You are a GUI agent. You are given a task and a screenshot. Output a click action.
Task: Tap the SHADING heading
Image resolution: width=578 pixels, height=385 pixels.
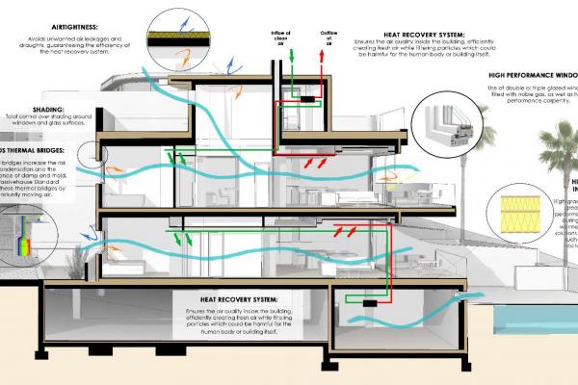coord(49,111)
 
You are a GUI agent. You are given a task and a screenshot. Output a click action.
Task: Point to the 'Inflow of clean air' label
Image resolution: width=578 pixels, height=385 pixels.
coord(281,38)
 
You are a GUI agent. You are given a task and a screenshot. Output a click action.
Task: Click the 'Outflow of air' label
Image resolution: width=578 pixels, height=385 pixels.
coord(318,38)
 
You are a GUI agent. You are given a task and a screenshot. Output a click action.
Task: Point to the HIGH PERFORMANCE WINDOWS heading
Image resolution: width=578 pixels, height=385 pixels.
coord(520,74)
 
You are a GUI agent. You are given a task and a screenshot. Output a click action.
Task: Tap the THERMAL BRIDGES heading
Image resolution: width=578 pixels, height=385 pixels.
coord(39,152)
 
